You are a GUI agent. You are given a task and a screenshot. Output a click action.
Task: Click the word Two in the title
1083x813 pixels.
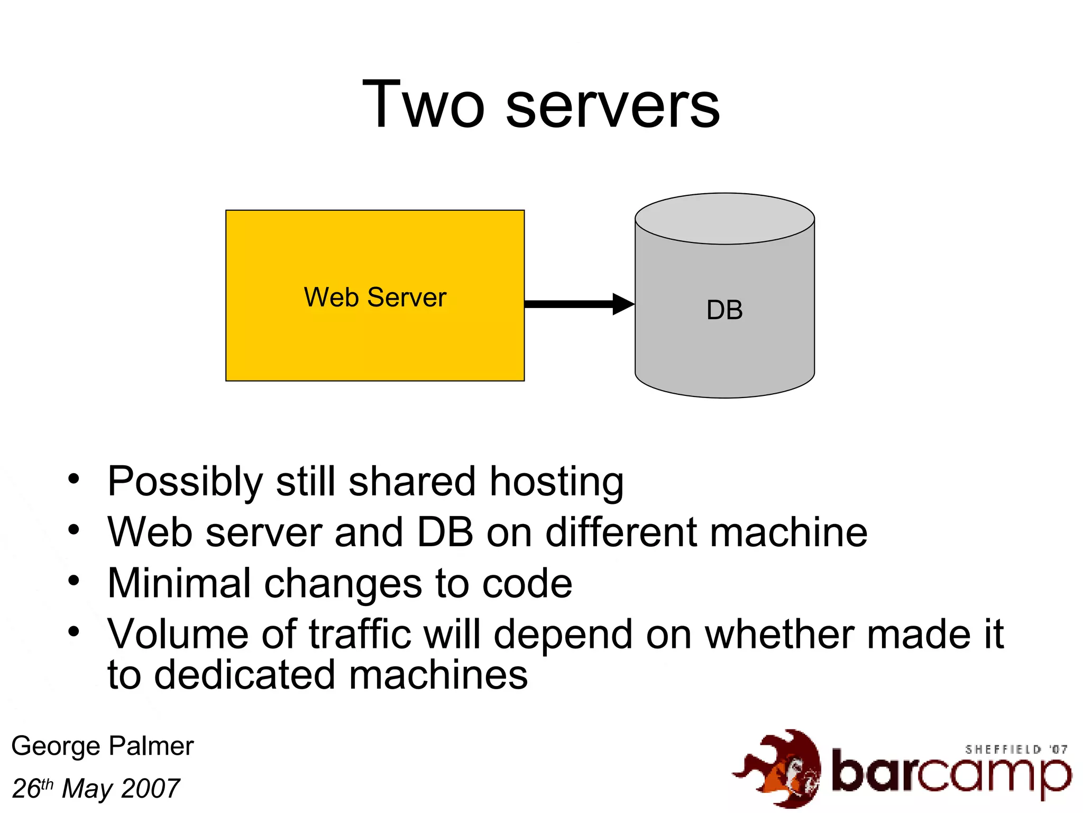pos(423,104)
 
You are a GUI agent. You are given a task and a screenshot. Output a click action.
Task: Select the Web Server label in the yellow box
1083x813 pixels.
pos(375,297)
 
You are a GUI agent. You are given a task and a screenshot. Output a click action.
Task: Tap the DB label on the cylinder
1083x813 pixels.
pos(724,310)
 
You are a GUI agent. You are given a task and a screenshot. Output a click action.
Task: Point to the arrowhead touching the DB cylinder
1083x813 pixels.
pos(623,304)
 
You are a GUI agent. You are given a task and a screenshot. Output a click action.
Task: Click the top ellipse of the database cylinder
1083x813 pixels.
pos(724,219)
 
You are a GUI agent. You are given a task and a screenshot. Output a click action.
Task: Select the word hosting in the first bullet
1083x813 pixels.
pos(556,482)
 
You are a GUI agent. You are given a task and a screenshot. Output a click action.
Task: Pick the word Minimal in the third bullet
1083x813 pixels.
pos(179,583)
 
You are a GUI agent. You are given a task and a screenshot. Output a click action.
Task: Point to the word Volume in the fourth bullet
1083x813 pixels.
pos(178,634)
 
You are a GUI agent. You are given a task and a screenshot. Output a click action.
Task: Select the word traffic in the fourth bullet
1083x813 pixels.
pos(360,634)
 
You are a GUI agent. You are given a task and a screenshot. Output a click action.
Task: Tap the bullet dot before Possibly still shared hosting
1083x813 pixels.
pos(74,479)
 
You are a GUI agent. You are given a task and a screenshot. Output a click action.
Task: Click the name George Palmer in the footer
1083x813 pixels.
pos(103,746)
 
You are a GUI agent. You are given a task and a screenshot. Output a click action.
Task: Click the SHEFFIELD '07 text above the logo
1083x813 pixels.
pos(1016,749)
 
